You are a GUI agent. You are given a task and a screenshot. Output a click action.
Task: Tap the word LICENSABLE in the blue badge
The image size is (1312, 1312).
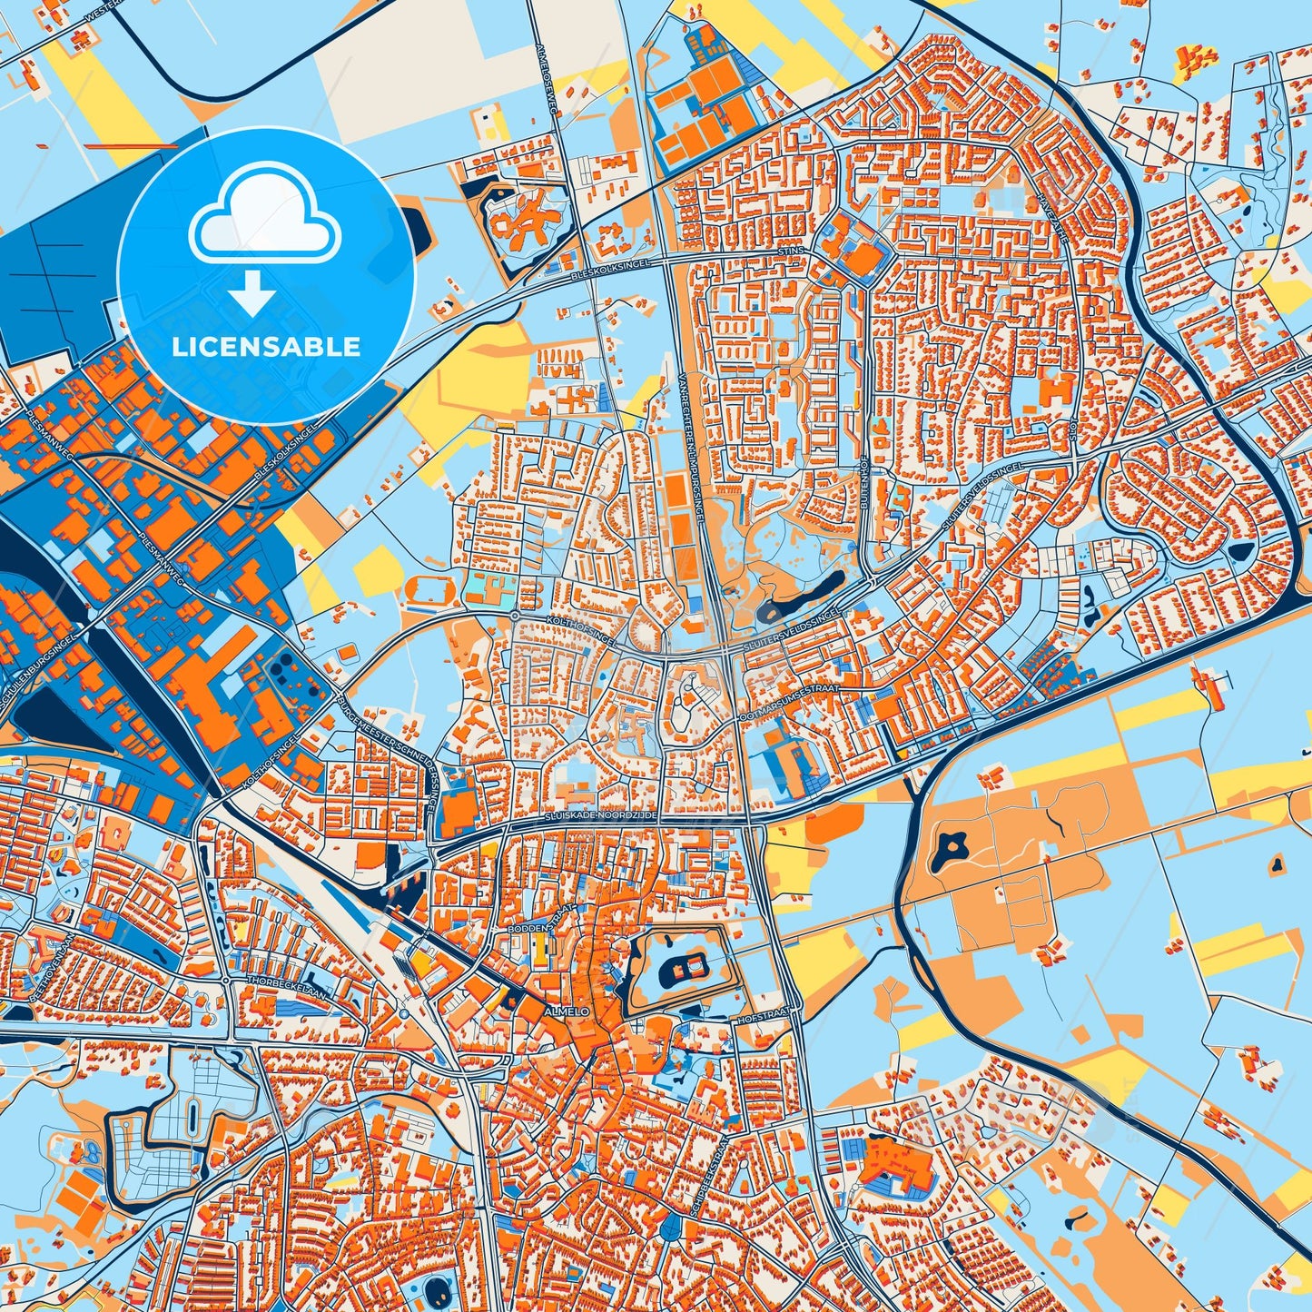pyautogui.click(x=267, y=347)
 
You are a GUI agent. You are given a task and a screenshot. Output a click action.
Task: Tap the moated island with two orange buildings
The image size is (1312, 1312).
pyautogui.click(x=686, y=967)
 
